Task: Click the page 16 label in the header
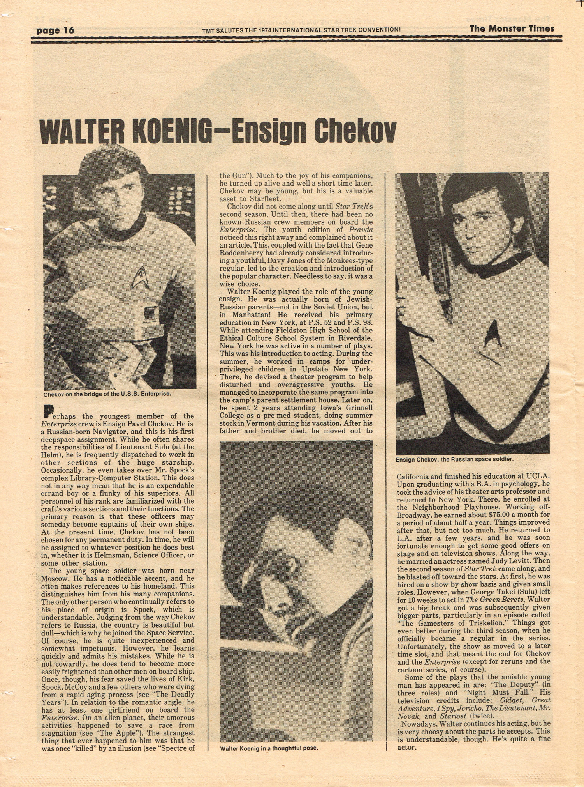(x=55, y=30)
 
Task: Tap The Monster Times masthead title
(x=512, y=28)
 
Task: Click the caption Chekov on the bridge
(x=107, y=394)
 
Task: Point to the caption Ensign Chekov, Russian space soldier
(x=454, y=459)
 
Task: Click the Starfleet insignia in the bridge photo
(x=139, y=278)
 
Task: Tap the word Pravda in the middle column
(x=361, y=230)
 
